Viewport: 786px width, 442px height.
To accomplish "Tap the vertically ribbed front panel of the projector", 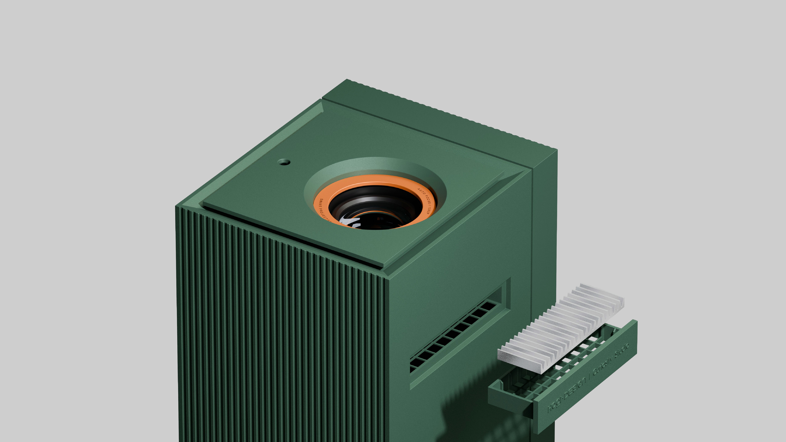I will (x=275, y=336).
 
